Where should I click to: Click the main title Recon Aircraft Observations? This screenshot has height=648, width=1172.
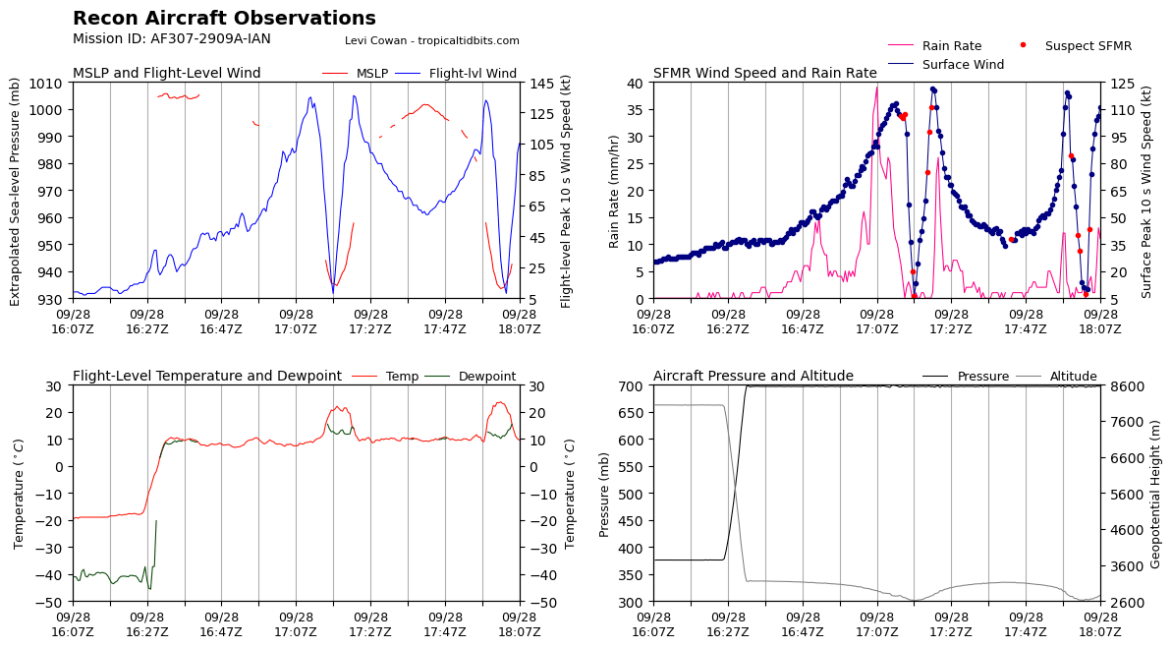(x=224, y=18)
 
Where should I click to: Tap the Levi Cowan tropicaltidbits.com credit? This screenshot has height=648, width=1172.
(x=432, y=40)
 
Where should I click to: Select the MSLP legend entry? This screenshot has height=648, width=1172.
(x=356, y=74)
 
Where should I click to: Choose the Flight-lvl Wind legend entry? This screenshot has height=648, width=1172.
(x=456, y=74)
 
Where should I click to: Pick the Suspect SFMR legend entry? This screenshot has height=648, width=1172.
(x=1077, y=45)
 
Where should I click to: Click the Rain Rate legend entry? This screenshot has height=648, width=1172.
(x=935, y=45)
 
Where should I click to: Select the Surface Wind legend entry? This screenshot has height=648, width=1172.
(x=946, y=64)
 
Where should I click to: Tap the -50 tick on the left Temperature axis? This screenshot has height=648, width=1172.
(x=53, y=603)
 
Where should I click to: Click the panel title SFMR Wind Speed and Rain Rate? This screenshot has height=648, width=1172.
(x=764, y=74)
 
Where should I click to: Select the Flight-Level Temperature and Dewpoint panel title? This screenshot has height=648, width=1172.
(x=207, y=377)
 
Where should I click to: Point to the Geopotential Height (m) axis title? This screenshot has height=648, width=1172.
(x=1155, y=494)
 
